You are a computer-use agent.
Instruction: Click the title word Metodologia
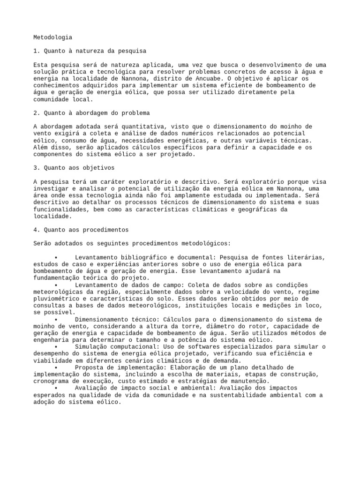(53, 37)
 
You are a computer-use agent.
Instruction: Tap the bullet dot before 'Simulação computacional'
(55, 346)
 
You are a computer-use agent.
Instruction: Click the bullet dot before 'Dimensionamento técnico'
(55, 319)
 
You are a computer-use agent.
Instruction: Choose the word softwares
(165, 346)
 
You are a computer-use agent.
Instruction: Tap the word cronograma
(52, 382)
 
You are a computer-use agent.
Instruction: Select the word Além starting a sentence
(42, 147)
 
